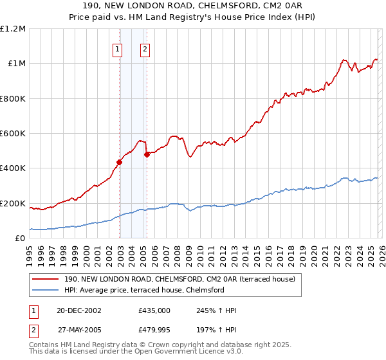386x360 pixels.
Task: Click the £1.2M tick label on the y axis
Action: point(14,29)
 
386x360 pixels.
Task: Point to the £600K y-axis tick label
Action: point(14,134)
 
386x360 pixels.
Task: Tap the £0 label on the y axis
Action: point(20,239)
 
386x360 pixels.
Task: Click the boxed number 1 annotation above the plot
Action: point(118,49)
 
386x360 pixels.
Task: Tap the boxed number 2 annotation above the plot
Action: point(145,49)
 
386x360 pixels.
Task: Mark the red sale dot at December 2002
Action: point(120,162)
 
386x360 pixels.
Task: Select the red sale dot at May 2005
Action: point(147,154)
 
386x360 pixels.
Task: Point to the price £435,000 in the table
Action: point(154,310)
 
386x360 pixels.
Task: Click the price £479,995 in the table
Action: point(154,330)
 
